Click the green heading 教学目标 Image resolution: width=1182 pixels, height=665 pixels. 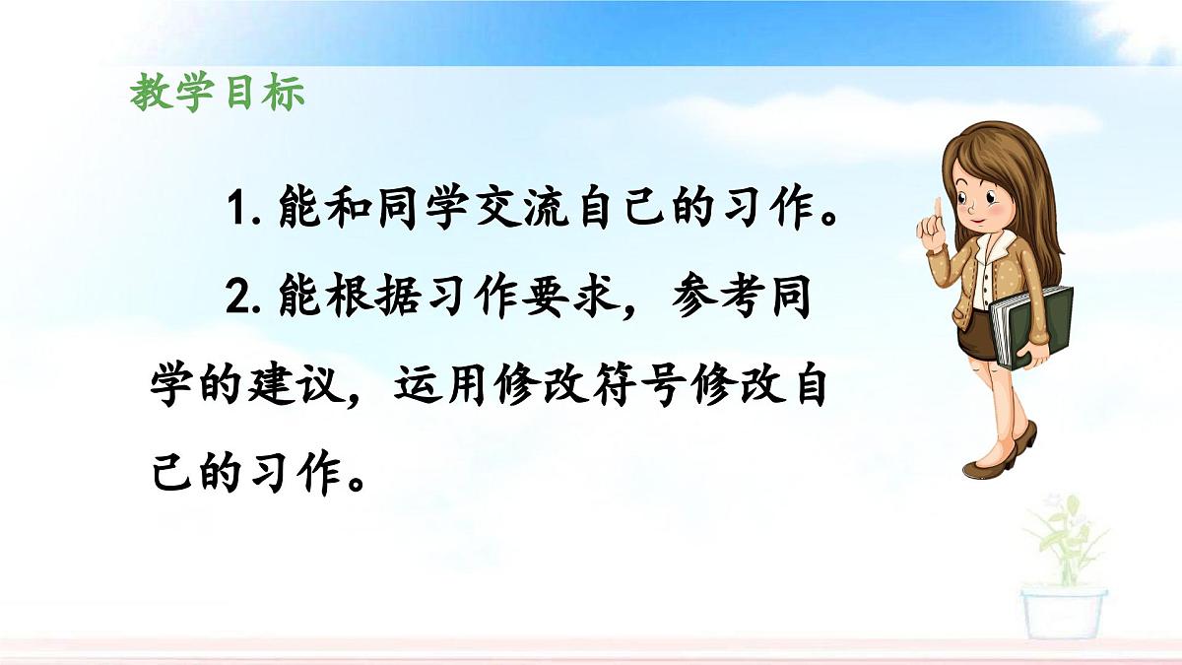point(218,94)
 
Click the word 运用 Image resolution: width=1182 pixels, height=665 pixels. point(438,385)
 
